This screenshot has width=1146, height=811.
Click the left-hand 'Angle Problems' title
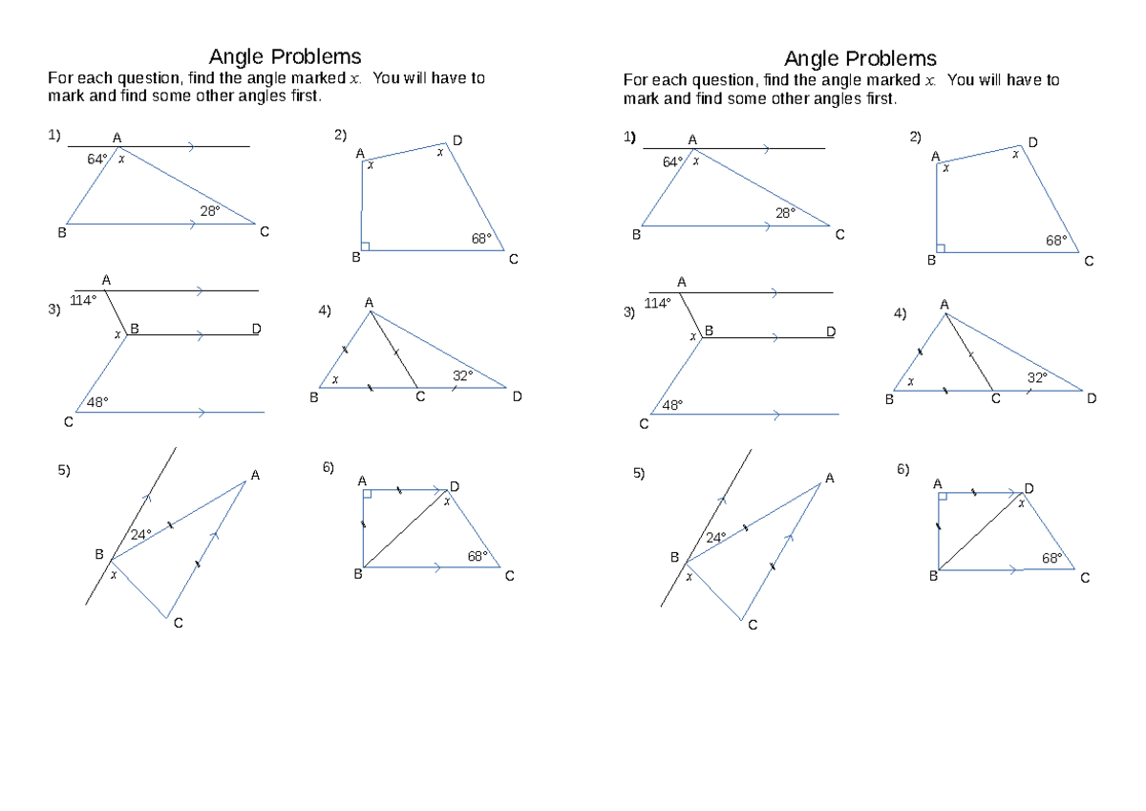tap(285, 56)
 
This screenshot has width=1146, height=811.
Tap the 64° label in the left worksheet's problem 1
tap(97, 160)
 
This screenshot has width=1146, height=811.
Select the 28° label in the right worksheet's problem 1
tap(785, 213)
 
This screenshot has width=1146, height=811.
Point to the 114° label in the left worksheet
tap(83, 300)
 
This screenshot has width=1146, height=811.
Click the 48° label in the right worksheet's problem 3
tap(672, 405)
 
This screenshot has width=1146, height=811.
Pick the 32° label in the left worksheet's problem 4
tap(462, 376)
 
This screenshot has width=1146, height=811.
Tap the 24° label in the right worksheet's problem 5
tap(716, 537)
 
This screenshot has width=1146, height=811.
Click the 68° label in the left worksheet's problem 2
tap(481, 239)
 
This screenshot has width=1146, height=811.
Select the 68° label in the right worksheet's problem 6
tap(1051, 558)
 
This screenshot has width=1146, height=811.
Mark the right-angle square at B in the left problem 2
tap(365, 246)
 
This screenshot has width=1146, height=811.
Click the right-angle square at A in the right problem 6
tap(943, 497)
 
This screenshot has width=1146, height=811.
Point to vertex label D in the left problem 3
tap(256, 329)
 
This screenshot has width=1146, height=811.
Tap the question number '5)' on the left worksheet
tap(64, 470)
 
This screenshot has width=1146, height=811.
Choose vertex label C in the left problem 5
tap(178, 623)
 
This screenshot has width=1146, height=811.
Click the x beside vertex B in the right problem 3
tap(693, 336)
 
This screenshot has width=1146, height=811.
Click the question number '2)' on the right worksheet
tap(915, 138)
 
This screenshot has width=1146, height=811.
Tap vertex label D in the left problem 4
tap(518, 396)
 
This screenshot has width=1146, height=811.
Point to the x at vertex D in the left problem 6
tap(447, 502)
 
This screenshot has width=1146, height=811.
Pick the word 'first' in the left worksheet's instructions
tap(307, 96)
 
